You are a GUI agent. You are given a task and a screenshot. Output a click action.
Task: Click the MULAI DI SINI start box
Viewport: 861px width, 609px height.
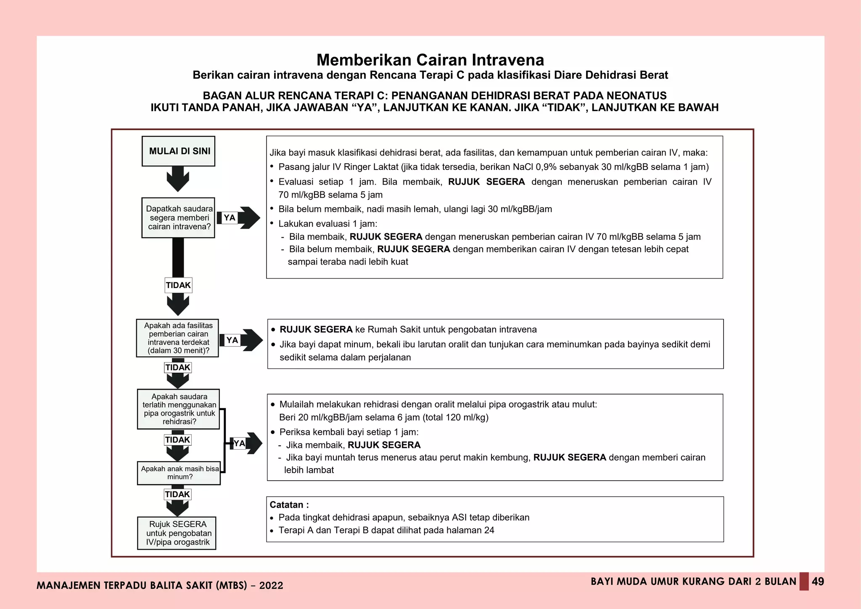pyautogui.click(x=178, y=151)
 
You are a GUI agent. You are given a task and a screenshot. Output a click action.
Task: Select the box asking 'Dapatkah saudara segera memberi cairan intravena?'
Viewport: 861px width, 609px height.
pyautogui.click(x=178, y=217)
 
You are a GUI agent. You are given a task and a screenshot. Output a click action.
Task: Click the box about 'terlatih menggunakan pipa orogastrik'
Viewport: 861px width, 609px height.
pyautogui.click(x=178, y=409)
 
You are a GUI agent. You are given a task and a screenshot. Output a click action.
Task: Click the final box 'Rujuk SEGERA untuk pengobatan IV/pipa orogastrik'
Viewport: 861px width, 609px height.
pyautogui.click(x=177, y=533)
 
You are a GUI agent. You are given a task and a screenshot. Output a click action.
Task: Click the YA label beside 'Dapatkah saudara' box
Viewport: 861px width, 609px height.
pyautogui.click(x=230, y=217)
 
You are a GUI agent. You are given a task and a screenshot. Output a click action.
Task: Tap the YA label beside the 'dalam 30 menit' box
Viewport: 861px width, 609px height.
pyautogui.click(x=232, y=340)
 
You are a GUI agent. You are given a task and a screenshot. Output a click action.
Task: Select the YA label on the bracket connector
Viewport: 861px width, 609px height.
pyautogui.click(x=239, y=443)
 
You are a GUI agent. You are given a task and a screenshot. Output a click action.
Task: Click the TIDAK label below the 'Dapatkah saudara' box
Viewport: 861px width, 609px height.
pyautogui.click(x=178, y=285)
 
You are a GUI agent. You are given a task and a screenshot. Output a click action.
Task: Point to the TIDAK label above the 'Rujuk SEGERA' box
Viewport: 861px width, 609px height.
pyautogui.click(x=177, y=494)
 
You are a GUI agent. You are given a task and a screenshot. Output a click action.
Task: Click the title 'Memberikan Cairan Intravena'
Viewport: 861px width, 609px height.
pyautogui.click(x=430, y=60)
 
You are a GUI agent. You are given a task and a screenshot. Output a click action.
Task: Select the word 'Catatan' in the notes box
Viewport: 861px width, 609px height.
pyautogui.click(x=286, y=505)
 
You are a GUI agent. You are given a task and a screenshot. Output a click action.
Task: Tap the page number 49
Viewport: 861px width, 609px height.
pyautogui.click(x=818, y=582)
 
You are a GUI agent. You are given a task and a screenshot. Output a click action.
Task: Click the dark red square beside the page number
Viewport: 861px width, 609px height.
pyautogui.click(x=804, y=581)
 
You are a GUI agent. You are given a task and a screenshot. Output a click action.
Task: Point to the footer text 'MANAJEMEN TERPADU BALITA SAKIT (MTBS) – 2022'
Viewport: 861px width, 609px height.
pyautogui.click(x=160, y=585)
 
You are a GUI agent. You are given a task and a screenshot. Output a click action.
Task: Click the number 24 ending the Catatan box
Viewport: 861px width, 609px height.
pyautogui.click(x=489, y=530)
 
